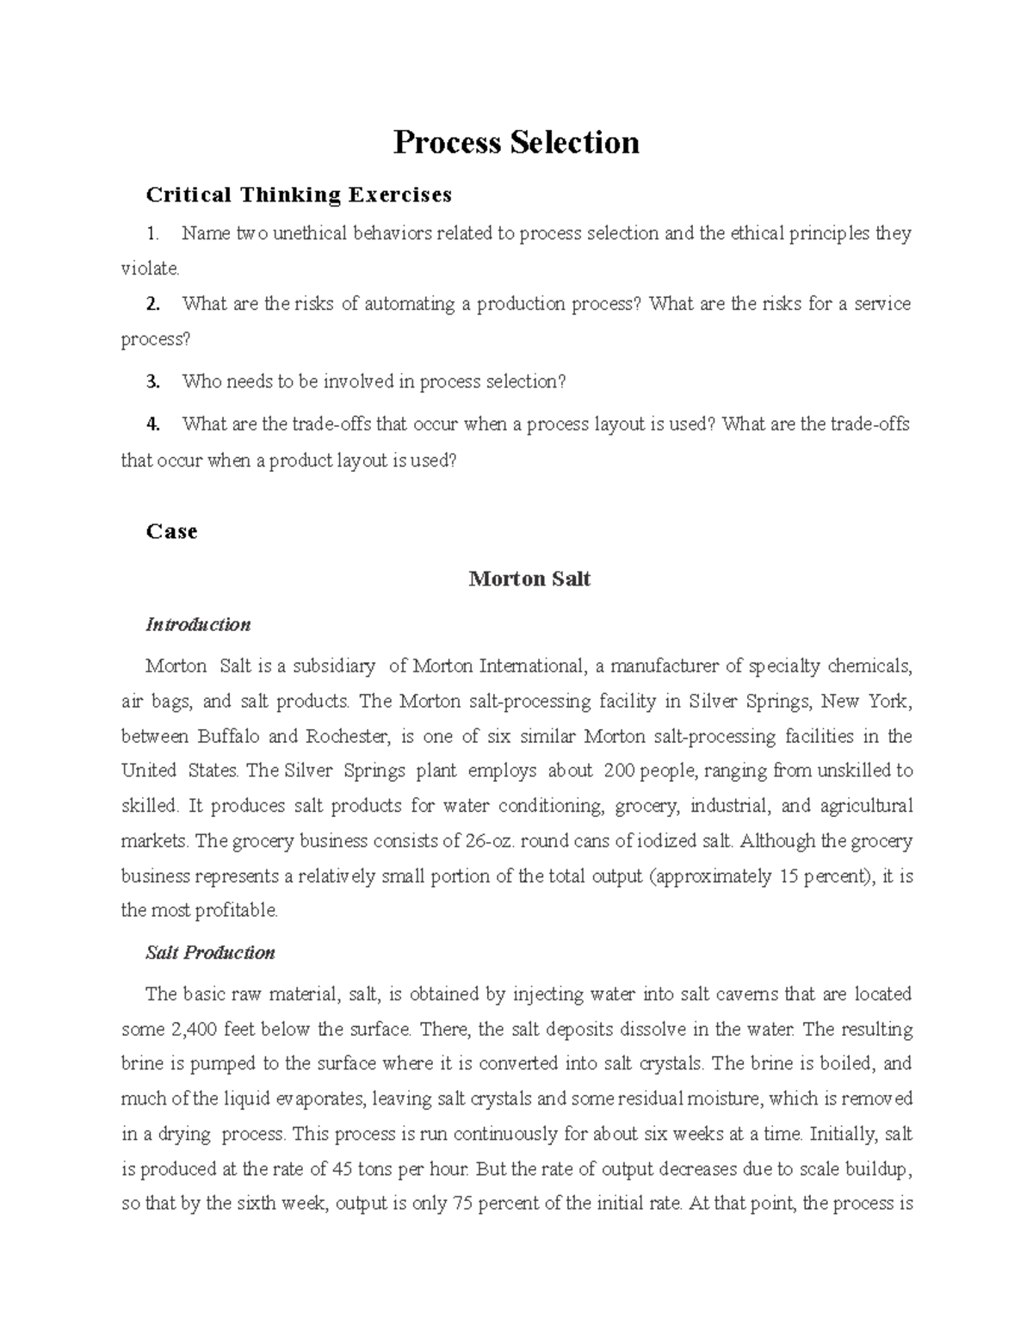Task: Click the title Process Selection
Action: [516, 142]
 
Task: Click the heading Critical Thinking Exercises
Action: [299, 195]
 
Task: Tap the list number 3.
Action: [153, 381]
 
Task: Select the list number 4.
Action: [153, 424]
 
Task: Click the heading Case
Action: [171, 531]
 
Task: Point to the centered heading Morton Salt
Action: [529, 579]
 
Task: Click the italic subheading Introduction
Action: [198, 624]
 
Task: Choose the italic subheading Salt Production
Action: [210, 952]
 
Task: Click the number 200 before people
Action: [619, 771]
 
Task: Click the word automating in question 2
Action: [410, 304]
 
